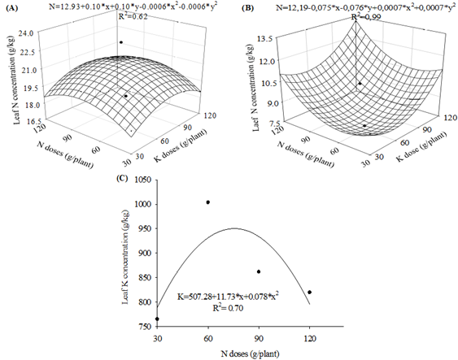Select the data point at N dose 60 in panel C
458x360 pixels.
click(208, 202)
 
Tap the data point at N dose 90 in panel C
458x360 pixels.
click(259, 271)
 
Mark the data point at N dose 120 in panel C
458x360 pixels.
click(310, 292)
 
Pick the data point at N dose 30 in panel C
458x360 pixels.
click(157, 319)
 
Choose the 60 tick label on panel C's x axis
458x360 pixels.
click(208, 336)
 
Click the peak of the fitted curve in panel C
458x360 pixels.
click(234, 228)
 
